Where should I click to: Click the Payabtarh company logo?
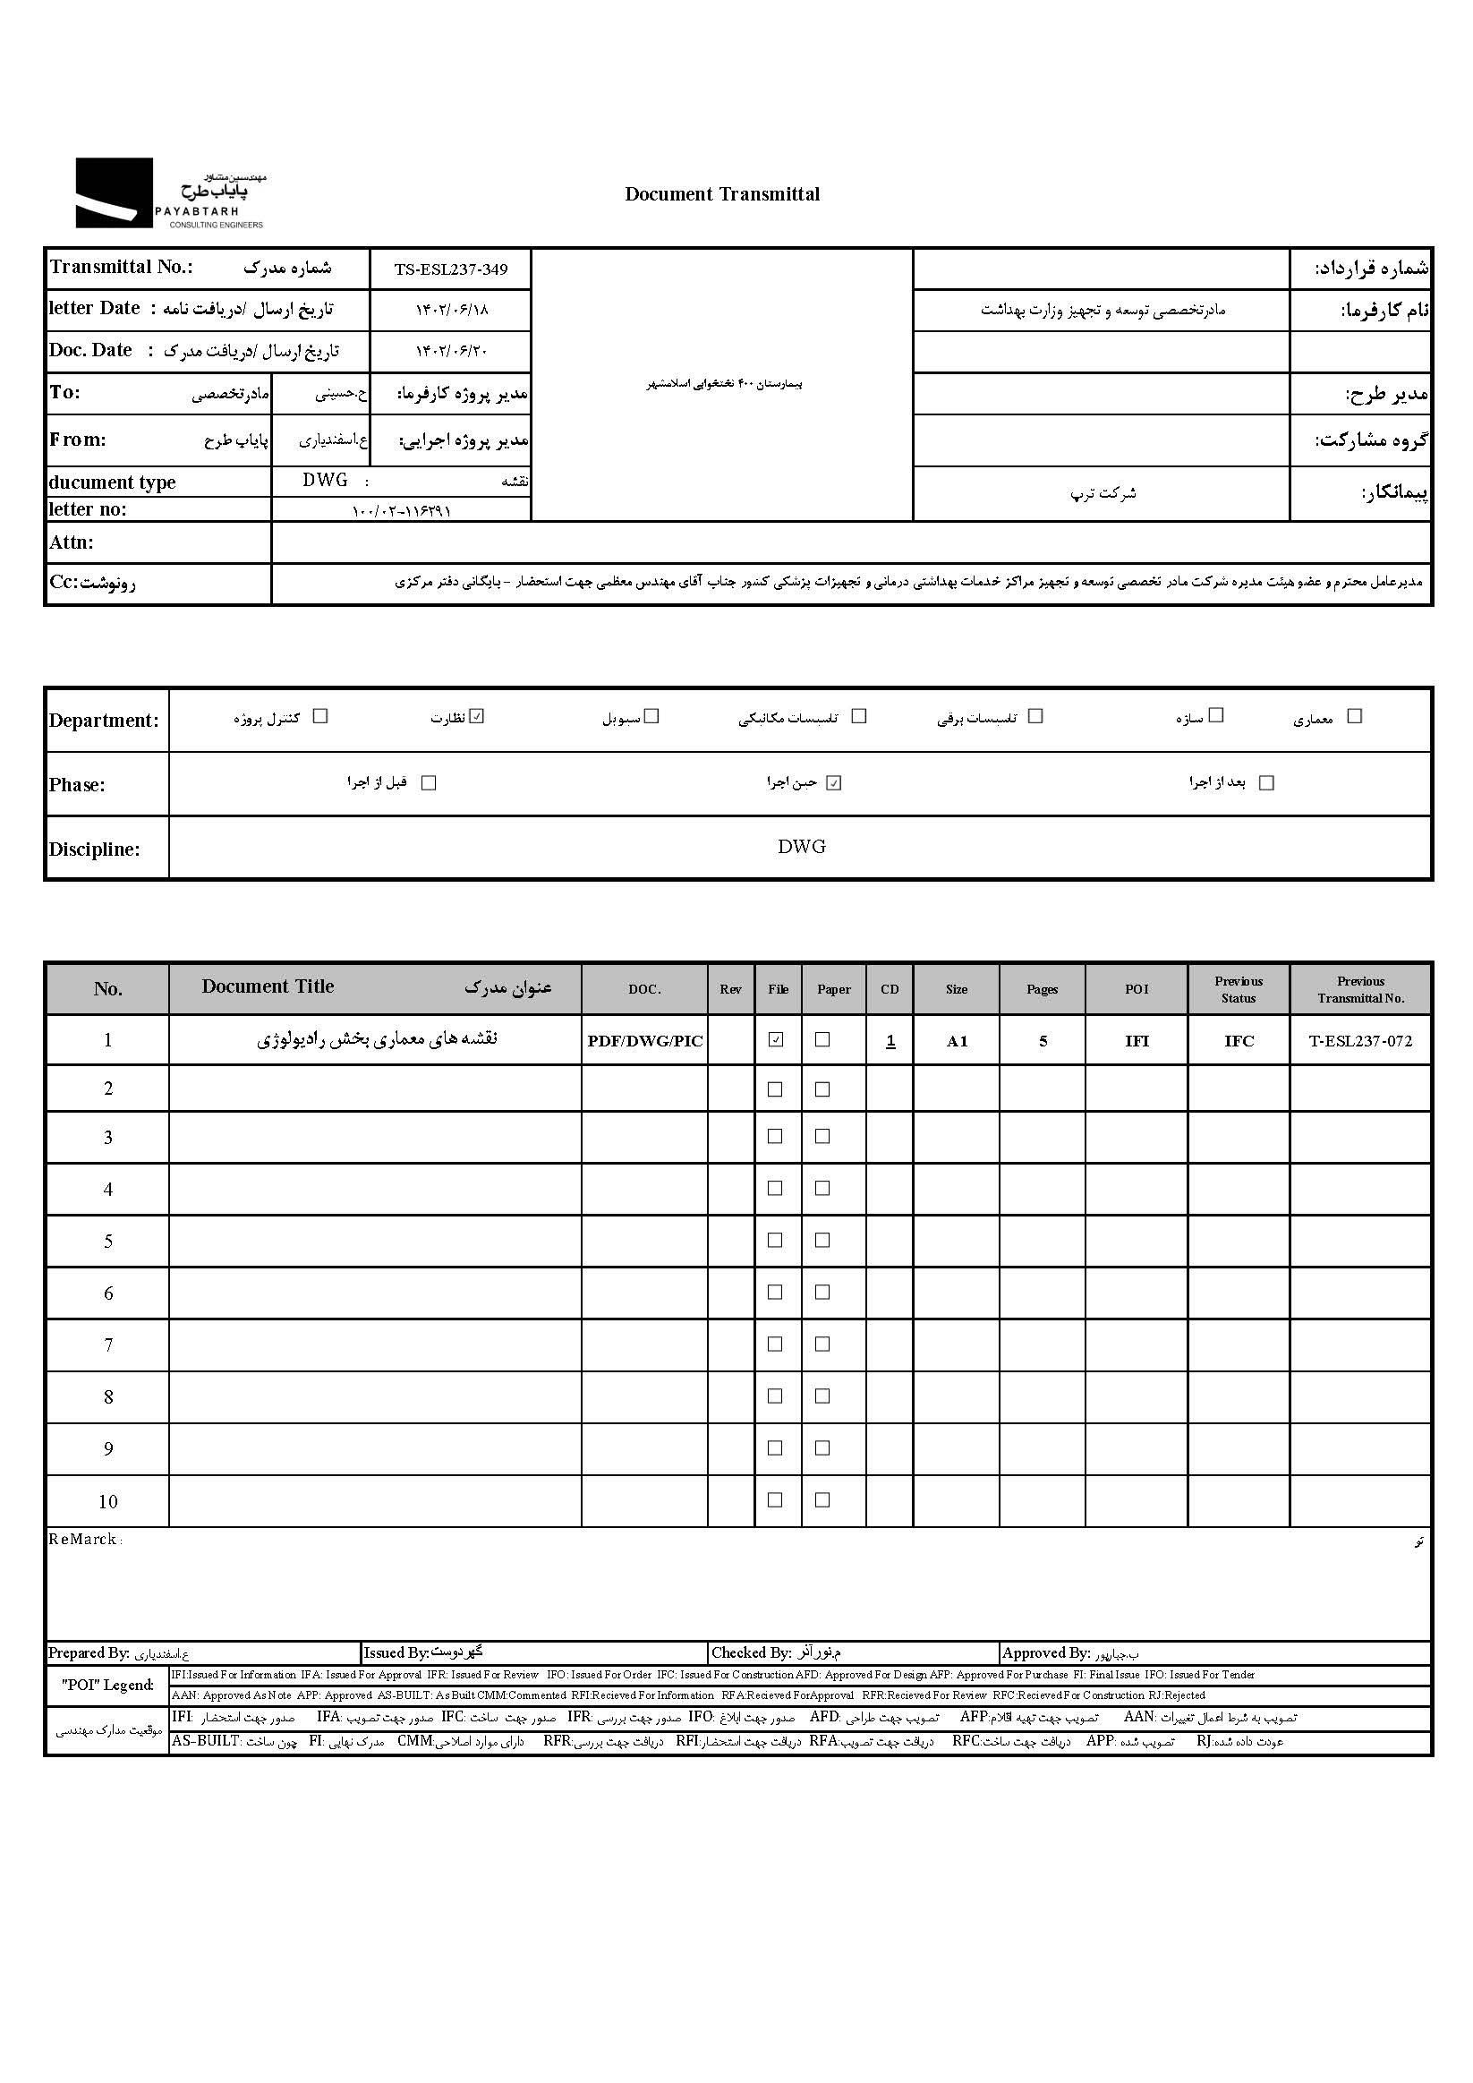tap(170, 193)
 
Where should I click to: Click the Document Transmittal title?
tap(722, 194)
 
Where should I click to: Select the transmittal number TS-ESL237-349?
tap(451, 269)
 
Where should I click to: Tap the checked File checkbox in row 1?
tap(776, 1039)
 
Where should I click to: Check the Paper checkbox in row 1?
tap(822, 1039)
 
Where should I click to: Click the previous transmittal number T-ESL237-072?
tap(1359, 1040)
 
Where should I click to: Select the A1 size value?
tap(957, 1040)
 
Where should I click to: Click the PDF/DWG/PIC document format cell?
tap(645, 1040)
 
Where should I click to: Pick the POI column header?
tap(1137, 989)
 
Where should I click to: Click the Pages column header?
tap(1043, 989)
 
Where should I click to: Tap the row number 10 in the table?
tap(108, 1501)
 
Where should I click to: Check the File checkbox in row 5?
tap(776, 1239)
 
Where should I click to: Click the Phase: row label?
tap(77, 785)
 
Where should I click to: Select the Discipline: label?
tap(94, 849)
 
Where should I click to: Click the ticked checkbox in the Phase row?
tap(834, 783)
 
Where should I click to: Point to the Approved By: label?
tap(1046, 1653)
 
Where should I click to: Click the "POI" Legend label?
tap(108, 1685)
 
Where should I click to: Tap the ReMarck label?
tap(83, 1539)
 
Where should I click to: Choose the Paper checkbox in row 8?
tap(822, 1396)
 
